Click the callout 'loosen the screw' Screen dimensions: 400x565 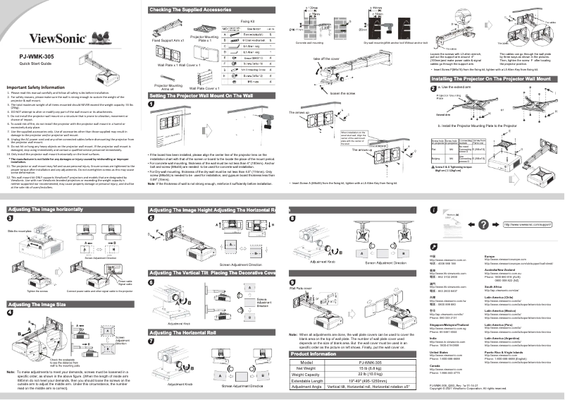tap(342, 92)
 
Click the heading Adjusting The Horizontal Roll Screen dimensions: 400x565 tap(187, 331)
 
